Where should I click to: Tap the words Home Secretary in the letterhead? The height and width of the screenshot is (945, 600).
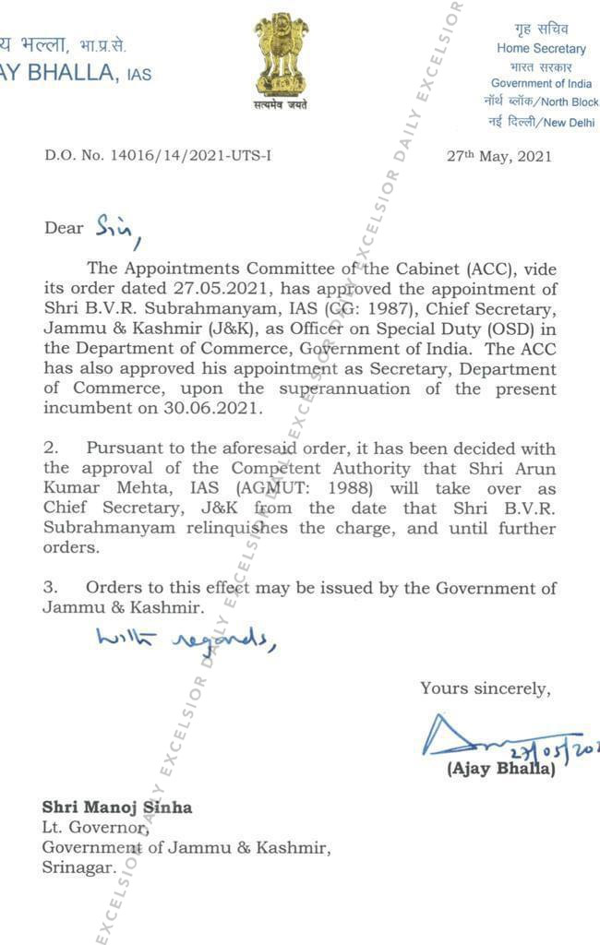click(541, 48)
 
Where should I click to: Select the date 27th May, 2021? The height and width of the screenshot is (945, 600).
click(499, 156)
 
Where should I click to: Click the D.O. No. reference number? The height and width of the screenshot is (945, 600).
click(158, 156)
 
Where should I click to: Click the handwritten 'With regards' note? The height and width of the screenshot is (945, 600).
click(185, 638)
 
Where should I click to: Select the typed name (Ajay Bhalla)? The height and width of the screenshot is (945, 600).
click(501, 769)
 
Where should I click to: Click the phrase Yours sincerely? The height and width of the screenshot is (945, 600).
click(486, 688)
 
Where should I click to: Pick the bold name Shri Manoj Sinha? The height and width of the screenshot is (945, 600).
click(117, 807)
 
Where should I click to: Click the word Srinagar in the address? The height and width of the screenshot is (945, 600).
click(79, 867)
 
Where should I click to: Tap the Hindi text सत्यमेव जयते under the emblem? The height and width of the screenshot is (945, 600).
click(281, 104)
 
